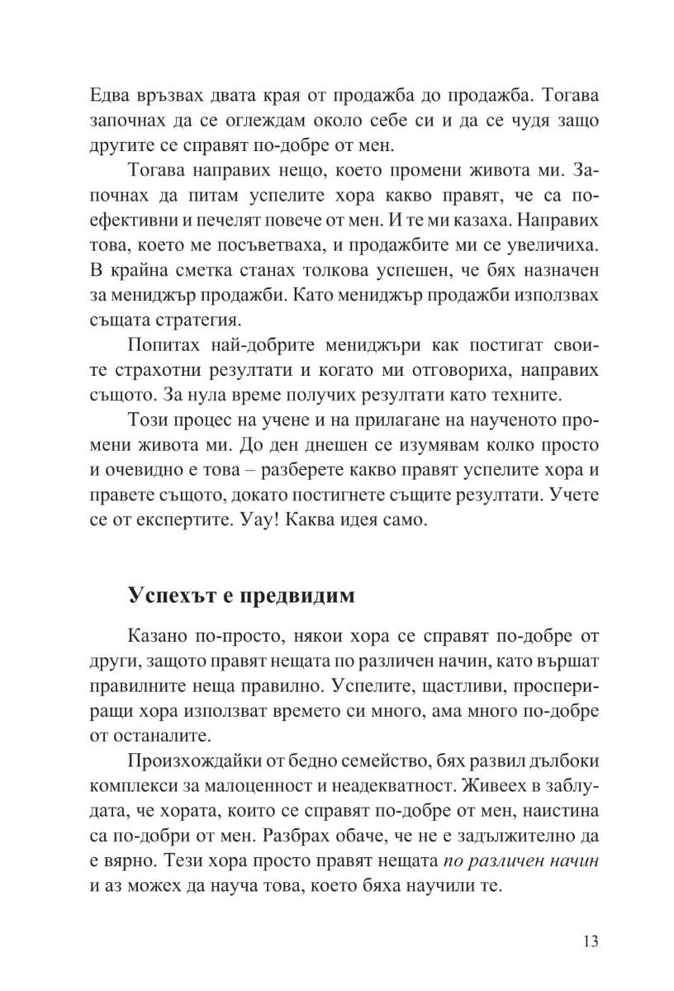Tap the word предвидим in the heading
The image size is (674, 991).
(298, 596)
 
